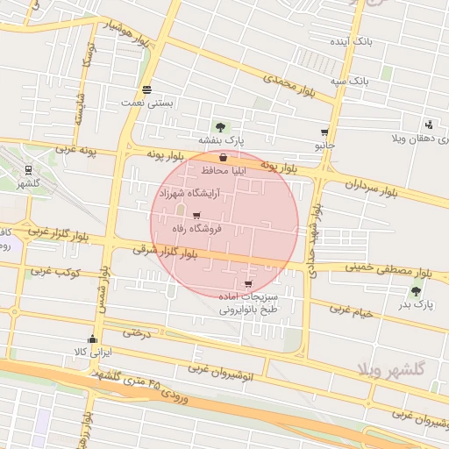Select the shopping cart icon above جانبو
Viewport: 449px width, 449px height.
(x=324, y=132)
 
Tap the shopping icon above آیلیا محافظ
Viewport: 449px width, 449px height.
(x=224, y=159)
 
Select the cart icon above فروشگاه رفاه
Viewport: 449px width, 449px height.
(x=196, y=215)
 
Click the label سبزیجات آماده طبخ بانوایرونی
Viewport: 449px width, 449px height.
(x=248, y=303)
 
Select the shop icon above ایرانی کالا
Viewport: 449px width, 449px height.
(x=93, y=339)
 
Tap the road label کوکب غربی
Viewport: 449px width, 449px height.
(x=55, y=272)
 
